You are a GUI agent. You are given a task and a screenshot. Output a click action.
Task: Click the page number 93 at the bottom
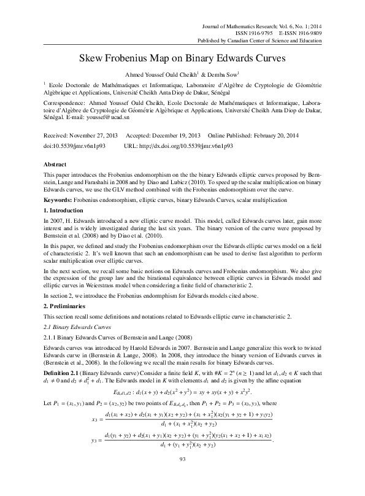(182, 476)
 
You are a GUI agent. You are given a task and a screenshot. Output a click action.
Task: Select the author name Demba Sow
(223, 74)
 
